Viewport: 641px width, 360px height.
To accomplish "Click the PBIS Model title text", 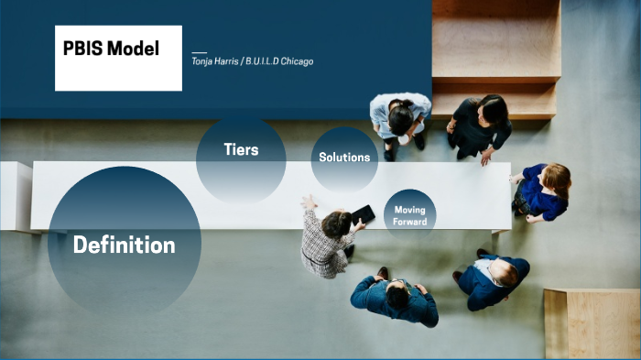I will click(111, 49).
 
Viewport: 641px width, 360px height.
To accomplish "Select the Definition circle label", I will click(124, 245).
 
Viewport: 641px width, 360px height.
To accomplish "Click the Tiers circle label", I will click(241, 149).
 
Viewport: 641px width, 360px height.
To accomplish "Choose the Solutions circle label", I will click(344, 157).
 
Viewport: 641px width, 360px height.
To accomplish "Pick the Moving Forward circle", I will click(409, 215).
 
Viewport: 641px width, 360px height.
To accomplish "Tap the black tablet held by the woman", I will click(363, 214).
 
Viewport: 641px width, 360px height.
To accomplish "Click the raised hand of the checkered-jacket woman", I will click(309, 202).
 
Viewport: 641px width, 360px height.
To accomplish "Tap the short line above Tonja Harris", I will click(200, 52).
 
